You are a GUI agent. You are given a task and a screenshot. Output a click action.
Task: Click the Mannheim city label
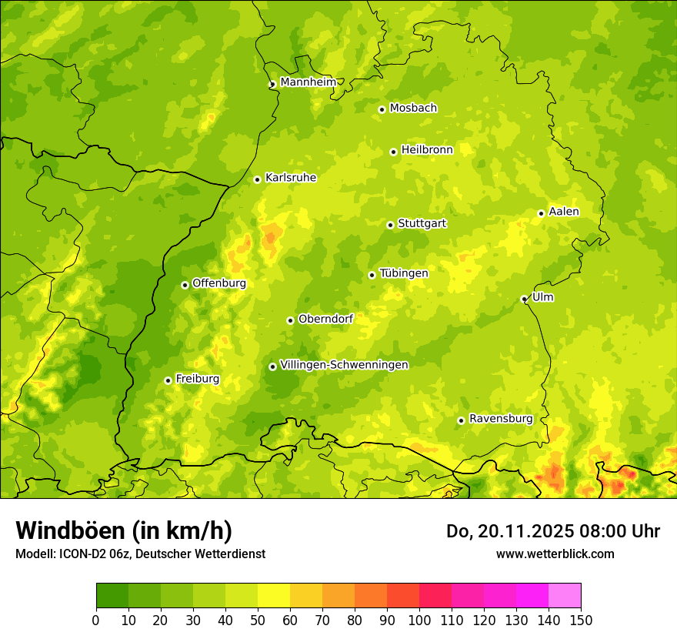308,82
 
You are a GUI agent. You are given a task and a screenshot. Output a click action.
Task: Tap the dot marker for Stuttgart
390,225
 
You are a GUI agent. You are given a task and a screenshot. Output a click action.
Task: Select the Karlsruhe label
291,178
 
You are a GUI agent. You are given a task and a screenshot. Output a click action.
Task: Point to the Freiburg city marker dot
168,380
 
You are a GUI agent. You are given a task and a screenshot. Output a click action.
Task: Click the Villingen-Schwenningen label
345,365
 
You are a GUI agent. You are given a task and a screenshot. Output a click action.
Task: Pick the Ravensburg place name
501,419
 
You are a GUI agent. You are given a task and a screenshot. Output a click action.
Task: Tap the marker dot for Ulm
524,299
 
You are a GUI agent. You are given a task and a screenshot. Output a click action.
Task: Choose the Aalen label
564,212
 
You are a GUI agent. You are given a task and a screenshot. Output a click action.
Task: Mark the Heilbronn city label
427,150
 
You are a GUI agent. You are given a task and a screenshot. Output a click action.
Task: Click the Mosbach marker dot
382,109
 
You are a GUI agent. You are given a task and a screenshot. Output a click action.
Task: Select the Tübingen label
404,273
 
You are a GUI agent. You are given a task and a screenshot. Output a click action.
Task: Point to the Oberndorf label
325,319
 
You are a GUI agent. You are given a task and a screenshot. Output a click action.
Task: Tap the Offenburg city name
219,283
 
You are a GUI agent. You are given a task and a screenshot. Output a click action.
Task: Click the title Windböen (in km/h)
124,530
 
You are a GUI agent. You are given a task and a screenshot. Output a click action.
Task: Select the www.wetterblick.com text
555,554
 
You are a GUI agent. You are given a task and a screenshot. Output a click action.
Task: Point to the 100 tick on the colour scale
419,620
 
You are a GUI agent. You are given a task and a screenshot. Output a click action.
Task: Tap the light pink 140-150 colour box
564,596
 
